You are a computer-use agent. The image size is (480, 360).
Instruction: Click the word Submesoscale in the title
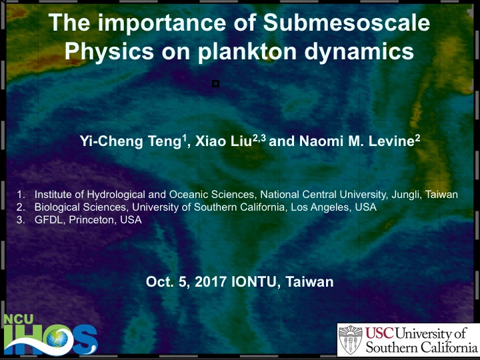347,23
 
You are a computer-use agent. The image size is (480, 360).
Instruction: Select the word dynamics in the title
359,51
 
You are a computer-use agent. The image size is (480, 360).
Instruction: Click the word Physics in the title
109,51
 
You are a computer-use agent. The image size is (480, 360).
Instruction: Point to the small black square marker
215,83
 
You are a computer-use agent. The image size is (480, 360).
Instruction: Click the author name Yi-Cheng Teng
131,141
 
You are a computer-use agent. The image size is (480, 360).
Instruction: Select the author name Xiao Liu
223,141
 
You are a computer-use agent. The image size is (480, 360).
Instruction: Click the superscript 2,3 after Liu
259,139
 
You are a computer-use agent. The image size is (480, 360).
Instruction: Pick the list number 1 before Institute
20,195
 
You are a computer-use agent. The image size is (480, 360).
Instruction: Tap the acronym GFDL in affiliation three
49,220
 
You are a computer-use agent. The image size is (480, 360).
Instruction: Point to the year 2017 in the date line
211,281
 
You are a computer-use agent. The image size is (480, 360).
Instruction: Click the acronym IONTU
255,281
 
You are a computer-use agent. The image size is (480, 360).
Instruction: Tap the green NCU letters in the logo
19,319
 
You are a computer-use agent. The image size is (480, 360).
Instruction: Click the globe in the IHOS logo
56,339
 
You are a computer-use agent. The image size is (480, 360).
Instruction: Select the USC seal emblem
351,340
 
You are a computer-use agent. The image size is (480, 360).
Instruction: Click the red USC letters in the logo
379,333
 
